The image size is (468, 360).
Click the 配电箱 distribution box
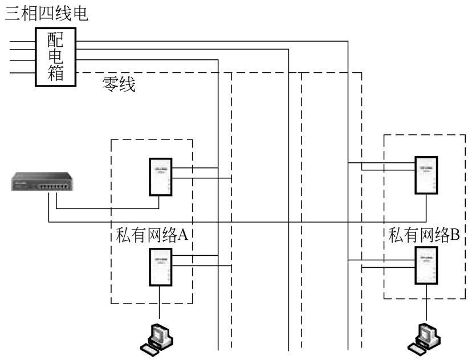[56, 56]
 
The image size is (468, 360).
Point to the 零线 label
[119, 85]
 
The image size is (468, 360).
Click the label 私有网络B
[424, 235]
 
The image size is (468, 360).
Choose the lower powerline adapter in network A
[160, 268]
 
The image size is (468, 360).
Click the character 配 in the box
[56, 39]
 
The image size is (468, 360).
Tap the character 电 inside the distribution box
[56, 56]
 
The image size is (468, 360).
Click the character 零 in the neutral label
[110, 85]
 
